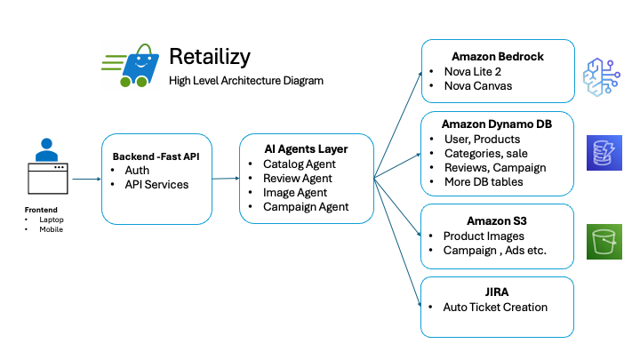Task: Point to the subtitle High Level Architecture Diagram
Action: (x=246, y=81)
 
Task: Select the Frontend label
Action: (x=41, y=210)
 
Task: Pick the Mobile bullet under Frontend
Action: (x=51, y=229)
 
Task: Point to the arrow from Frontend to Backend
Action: (x=86, y=179)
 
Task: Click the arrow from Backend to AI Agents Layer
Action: (x=226, y=179)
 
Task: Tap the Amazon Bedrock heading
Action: (x=497, y=56)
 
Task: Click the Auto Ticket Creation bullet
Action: (x=495, y=308)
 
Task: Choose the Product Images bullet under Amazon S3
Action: (x=484, y=236)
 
